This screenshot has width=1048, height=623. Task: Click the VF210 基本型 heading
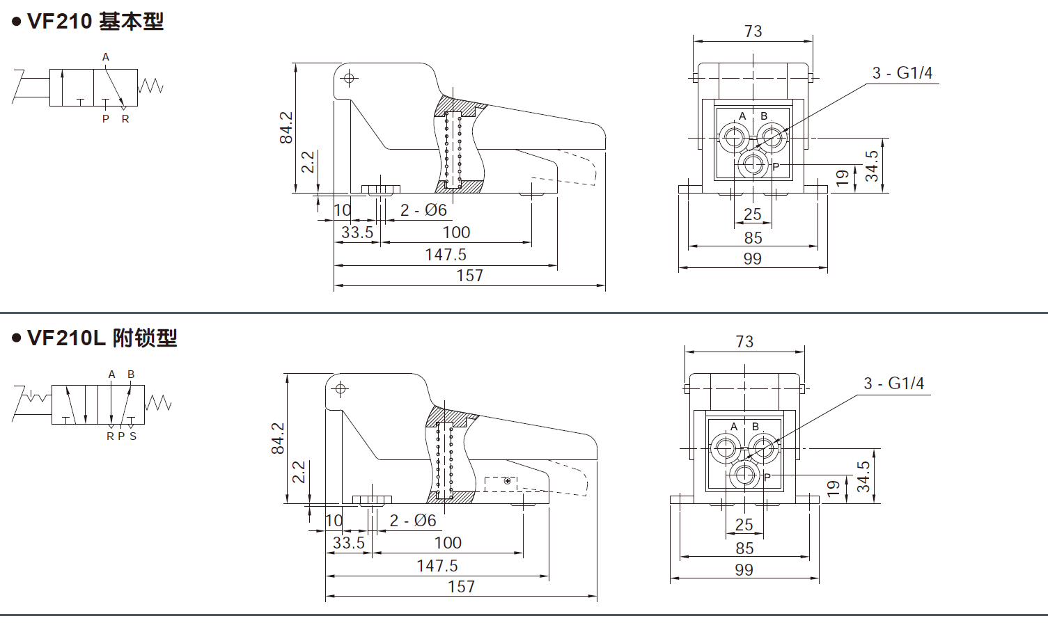(x=95, y=22)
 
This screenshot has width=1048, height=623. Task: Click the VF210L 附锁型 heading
(x=102, y=338)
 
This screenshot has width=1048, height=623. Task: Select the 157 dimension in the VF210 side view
(x=469, y=276)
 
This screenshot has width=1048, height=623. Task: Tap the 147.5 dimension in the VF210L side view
(x=437, y=566)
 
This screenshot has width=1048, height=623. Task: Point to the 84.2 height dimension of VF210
(x=286, y=127)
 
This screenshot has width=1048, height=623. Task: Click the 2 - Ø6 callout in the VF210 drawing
(x=423, y=210)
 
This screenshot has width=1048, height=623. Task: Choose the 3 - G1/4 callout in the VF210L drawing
(x=893, y=384)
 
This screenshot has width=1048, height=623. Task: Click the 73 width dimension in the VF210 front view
(x=753, y=31)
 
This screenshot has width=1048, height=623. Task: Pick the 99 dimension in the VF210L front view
(x=744, y=570)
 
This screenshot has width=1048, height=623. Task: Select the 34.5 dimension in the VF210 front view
(x=872, y=166)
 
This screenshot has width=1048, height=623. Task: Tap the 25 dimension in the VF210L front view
(x=744, y=525)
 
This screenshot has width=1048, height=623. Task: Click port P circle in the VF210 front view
(x=753, y=165)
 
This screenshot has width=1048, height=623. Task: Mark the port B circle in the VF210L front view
(x=763, y=448)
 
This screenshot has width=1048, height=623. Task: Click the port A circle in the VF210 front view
(x=733, y=137)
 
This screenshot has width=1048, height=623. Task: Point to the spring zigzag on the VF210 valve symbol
(x=150, y=86)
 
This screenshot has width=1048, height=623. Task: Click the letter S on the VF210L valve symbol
(x=133, y=436)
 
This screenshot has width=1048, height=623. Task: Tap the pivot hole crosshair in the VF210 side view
(x=350, y=78)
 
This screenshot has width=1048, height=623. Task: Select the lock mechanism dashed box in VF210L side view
(x=500, y=482)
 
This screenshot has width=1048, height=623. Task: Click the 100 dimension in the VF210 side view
(x=456, y=232)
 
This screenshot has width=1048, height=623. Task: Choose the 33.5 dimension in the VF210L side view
(x=348, y=543)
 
